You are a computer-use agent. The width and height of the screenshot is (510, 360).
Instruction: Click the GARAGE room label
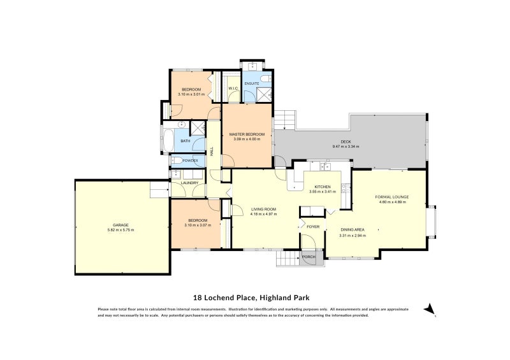click(x=120, y=225)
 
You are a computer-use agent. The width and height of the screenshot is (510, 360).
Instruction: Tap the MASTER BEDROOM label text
click(x=246, y=134)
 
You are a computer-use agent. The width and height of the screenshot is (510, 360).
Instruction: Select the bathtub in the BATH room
click(x=168, y=140)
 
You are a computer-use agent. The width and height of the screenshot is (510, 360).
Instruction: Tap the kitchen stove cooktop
click(x=345, y=187)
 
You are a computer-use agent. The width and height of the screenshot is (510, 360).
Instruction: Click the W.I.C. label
click(x=233, y=89)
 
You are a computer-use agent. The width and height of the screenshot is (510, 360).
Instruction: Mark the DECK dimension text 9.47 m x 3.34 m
click(x=346, y=147)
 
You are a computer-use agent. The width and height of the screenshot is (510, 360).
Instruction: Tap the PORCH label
click(x=309, y=256)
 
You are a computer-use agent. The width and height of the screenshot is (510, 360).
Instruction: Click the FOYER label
click(x=313, y=227)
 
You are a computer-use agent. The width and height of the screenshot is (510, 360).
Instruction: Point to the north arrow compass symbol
click(x=430, y=310)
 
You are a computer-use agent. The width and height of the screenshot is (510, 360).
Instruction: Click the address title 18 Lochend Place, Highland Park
click(x=255, y=297)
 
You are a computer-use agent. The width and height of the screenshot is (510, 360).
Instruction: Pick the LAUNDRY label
click(x=189, y=183)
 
